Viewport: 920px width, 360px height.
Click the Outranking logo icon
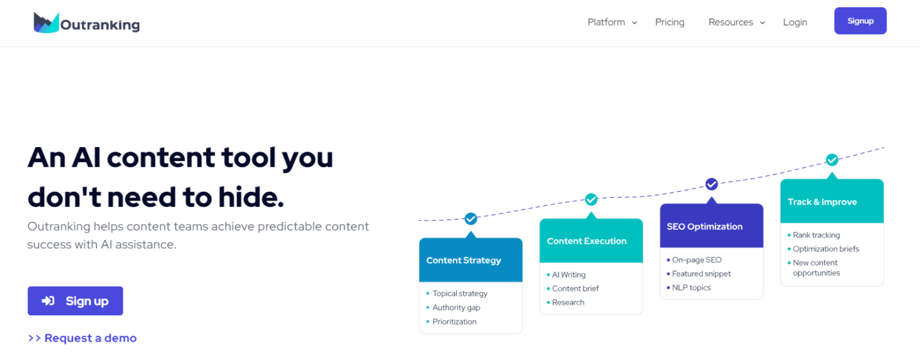click(46, 22)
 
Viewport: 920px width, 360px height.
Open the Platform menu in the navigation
click(612, 22)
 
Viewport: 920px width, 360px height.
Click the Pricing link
click(670, 22)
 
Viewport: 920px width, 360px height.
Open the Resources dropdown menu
click(737, 22)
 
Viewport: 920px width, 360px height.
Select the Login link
click(794, 22)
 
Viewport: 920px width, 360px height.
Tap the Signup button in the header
click(860, 21)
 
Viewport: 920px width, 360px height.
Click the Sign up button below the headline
click(75, 301)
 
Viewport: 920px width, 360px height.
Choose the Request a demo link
click(82, 338)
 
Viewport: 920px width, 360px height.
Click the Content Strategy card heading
click(463, 260)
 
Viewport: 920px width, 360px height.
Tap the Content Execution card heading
click(586, 241)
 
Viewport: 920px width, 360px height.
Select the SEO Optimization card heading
click(704, 226)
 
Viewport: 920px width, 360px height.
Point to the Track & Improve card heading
click(822, 202)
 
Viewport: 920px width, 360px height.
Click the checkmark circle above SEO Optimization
click(711, 185)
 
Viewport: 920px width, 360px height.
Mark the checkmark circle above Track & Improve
click(832, 160)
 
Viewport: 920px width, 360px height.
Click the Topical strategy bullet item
click(457, 294)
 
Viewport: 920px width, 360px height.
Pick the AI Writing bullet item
click(566, 275)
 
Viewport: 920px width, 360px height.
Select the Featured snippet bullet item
click(698, 274)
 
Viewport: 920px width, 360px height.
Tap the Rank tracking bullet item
click(814, 235)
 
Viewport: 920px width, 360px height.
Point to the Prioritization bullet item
click(451, 321)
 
